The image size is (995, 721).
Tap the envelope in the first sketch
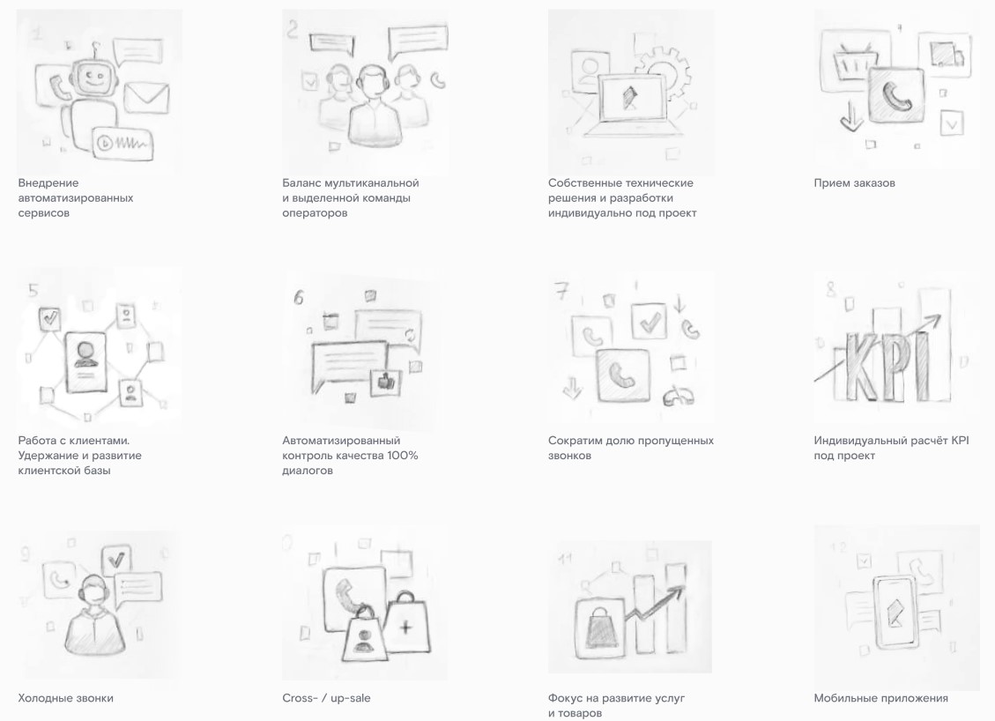pos(146,98)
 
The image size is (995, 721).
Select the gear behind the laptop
pos(663,73)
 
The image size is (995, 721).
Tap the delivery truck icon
pos(947,55)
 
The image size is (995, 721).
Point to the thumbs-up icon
pos(386,381)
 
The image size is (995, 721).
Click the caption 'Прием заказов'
pos(854,183)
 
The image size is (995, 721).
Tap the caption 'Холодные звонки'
pos(66,698)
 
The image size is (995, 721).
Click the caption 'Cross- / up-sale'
pos(326,698)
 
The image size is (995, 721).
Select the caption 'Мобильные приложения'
pos(880,698)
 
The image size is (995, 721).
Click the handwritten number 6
pos(298,297)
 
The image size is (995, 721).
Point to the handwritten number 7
pos(562,291)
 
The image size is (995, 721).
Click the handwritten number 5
pos(33,291)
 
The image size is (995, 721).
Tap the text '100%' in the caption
pos(402,456)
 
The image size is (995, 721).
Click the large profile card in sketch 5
pos(85,361)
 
